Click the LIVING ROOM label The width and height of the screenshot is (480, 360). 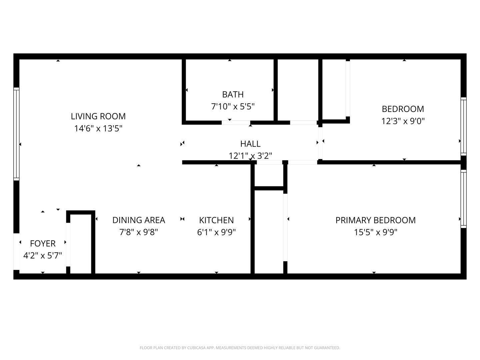point(98,116)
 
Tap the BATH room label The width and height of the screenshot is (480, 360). point(233,94)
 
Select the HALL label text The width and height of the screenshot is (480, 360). point(250,144)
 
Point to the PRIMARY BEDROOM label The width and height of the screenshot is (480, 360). point(375,220)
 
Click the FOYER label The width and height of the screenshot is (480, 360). point(43,243)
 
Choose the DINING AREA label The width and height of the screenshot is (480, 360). point(139,220)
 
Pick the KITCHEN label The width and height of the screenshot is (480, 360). point(216,220)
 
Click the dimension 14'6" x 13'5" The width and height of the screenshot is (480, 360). point(98,129)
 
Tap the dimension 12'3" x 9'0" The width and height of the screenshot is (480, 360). point(403,121)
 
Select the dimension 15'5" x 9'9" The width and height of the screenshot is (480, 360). point(375,232)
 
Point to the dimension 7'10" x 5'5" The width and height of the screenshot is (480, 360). point(233,107)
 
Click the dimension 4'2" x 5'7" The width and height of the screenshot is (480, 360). point(43,255)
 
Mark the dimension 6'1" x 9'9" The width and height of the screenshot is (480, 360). point(216,232)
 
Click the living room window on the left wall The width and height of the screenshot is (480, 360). point(16,134)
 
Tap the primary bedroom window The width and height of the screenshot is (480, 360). point(464,199)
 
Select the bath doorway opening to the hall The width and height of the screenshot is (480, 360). point(236,122)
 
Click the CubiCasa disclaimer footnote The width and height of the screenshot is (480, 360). point(240,348)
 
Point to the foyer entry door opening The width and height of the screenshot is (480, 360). point(16,252)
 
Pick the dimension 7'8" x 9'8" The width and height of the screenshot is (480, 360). point(139,232)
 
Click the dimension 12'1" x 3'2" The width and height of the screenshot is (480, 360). point(250,156)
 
